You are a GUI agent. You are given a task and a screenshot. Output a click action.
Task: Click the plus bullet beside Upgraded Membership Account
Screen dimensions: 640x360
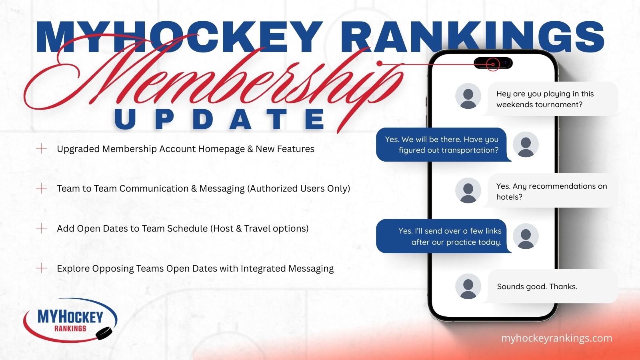42,148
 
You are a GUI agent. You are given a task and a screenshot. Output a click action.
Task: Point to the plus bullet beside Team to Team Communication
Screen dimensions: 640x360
42,188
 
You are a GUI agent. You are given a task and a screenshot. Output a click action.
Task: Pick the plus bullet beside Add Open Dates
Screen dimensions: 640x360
42,228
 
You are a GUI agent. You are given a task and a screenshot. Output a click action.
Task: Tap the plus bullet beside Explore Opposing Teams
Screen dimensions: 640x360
42,268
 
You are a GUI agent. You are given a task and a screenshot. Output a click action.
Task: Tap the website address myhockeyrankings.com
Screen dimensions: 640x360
556,338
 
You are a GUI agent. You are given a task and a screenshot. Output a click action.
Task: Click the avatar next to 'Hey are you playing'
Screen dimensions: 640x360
468,96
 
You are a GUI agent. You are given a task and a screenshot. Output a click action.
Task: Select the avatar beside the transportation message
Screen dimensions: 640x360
526,144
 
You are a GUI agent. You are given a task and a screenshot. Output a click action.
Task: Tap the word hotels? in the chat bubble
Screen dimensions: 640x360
509,197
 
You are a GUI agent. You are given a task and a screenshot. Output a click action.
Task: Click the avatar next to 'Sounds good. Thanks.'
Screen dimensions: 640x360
468,286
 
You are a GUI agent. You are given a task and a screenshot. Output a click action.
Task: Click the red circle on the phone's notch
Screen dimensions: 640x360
493,64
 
